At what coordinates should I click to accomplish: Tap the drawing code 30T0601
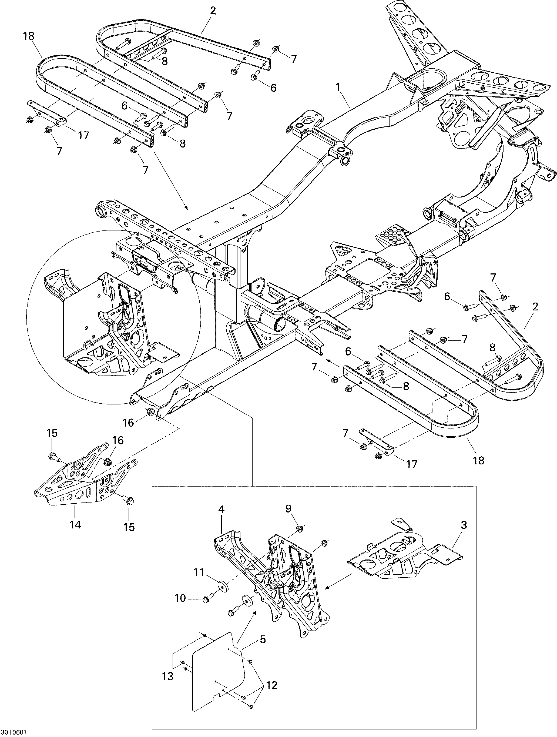pyautogui.click(x=14, y=732)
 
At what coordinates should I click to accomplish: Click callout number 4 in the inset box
pyautogui.click(x=222, y=518)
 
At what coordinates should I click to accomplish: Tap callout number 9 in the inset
pyautogui.click(x=288, y=518)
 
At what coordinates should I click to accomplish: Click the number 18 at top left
pyautogui.click(x=29, y=36)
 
